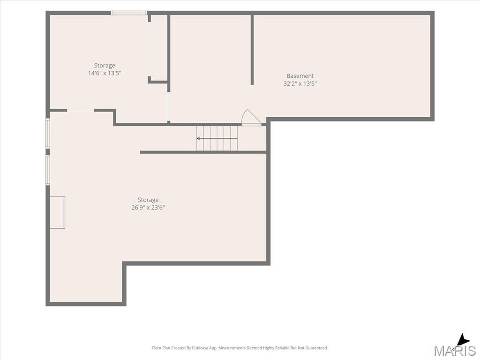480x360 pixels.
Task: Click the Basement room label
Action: (x=300, y=76)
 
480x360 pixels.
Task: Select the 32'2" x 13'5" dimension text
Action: (x=300, y=83)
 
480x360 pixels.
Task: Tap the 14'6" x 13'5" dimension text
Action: (x=105, y=73)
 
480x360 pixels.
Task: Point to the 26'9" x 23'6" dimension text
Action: (x=148, y=208)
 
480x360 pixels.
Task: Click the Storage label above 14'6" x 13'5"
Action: (x=105, y=66)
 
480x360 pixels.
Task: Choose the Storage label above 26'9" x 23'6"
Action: (x=148, y=200)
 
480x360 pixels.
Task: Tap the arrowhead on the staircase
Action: (x=198, y=138)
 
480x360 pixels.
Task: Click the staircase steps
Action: (x=217, y=138)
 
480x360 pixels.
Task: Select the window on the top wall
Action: (x=129, y=13)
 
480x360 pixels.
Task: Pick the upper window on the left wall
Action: (x=48, y=134)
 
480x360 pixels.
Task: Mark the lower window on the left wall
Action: (x=48, y=170)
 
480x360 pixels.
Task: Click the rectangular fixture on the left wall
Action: (x=57, y=212)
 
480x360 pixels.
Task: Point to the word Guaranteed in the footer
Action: (x=318, y=348)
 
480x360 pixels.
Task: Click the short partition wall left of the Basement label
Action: (x=252, y=50)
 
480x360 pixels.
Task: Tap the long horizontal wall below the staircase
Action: (x=203, y=152)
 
